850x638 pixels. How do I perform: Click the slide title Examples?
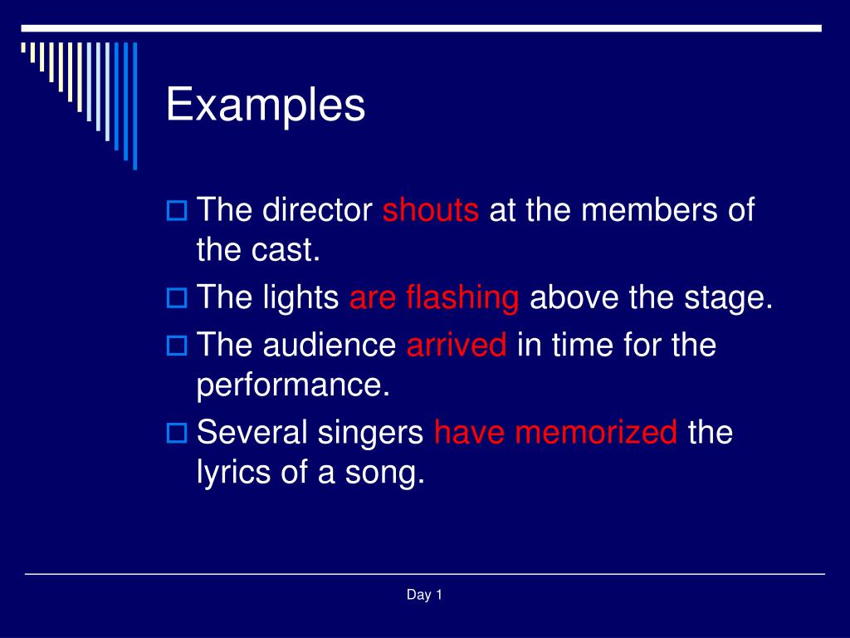tap(266, 106)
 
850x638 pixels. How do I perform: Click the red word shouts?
tap(430, 210)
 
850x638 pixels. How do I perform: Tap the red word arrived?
tap(457, 345)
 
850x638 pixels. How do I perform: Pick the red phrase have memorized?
tap(555, 433)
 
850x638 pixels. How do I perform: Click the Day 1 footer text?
tap(424, 594)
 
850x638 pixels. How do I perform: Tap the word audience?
tap(330, 345)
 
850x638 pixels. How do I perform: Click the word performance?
tap(292, 385)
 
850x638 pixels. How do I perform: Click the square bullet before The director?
tap(176, 210)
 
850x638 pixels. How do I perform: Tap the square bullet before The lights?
tap(176, 298)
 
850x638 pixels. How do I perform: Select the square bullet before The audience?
tap(176, 345)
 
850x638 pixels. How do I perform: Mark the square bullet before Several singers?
tap(176, 433)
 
